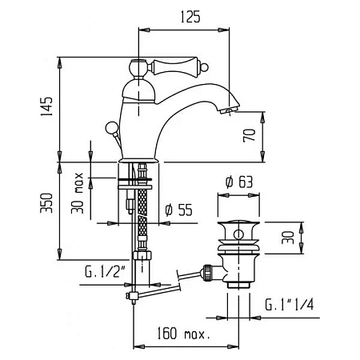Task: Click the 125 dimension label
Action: point(190,17)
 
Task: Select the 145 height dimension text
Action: point(46,106)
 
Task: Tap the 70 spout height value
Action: point(250,135)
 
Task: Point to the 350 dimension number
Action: point(46,203)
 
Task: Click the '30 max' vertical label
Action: point(78,193)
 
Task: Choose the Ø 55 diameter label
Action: point(178,210)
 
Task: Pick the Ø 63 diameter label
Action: point(239,182)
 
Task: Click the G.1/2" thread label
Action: point(106,272)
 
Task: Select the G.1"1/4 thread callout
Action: point(290,304)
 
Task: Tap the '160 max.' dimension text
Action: point(183,334)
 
